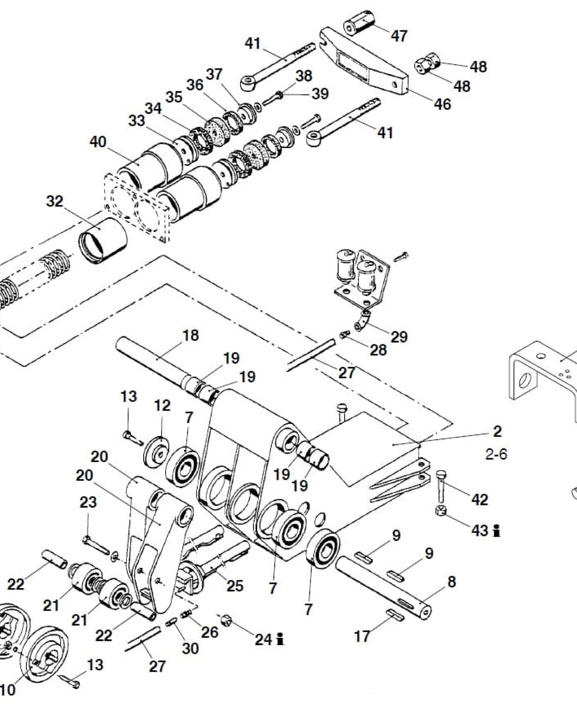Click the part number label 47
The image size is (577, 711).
point(399,35)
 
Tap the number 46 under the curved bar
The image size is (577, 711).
point(442,104)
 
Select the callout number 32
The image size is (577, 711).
point(55,201)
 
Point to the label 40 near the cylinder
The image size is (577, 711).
point(98,142)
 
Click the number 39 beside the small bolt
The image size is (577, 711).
point(320,94)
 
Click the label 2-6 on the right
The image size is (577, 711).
point(496,454)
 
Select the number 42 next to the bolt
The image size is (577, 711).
point(480,499)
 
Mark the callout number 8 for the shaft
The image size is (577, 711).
point(452,582)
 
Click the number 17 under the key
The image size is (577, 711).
point(362,636)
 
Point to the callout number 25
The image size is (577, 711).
point(235,586)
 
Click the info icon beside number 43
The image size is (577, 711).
point(497,531)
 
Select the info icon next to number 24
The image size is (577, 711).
point(281,639)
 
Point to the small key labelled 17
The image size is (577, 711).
point(396,615)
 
